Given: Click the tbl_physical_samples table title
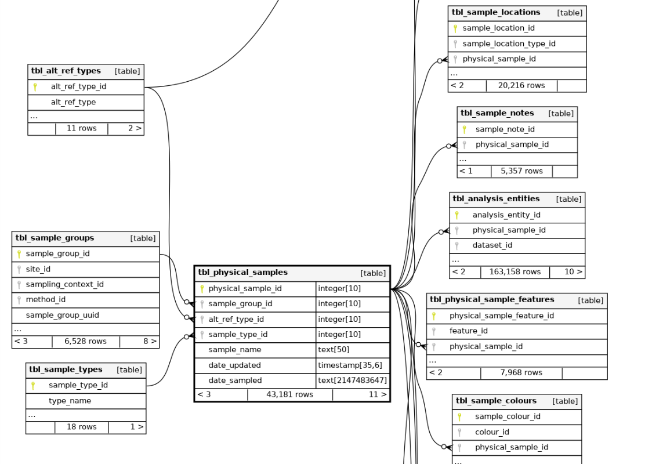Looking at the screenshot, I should [x=242, y=273].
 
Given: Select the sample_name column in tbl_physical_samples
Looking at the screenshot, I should [x=234, y=350].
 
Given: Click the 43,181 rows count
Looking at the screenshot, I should [x=289, y=394].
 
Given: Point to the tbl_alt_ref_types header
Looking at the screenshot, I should [x=66, y=71].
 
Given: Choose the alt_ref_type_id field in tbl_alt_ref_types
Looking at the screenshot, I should [x=78, y=87].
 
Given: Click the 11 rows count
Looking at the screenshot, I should [x=82, y=128].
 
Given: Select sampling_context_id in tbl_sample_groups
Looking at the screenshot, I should [x=64, y=284].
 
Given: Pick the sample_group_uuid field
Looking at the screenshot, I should [x=62, y=316].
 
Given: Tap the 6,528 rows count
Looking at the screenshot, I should [x=85, y=341].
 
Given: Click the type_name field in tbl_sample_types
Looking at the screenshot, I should [x=70, y=401].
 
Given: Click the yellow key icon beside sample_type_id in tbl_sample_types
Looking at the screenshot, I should [x=33, y=385].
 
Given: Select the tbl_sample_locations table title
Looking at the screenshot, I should [x=495, y=13].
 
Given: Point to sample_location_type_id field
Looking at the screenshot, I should [x=509, y=43].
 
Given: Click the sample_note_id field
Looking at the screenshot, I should [x=505, y=129].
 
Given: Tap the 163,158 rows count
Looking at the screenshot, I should [x=515, y=271].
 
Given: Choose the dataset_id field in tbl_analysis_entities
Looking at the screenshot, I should [x=492, y=245].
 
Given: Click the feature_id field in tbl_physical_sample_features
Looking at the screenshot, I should [x=468, y=331].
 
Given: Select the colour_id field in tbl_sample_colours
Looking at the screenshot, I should [x=492, y=432].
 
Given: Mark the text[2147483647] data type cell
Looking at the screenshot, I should [x=352, y=380].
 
